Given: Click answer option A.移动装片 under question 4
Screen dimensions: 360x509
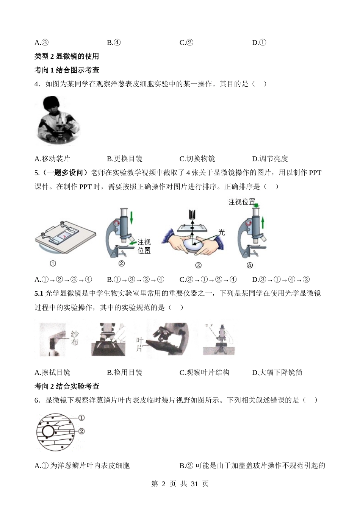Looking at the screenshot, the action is pos(52,159).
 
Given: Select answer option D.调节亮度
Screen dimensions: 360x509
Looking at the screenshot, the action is pos(270,159).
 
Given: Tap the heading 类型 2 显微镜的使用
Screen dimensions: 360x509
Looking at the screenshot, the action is pos(67,56).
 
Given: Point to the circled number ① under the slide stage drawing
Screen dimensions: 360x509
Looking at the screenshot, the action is pos(53,264).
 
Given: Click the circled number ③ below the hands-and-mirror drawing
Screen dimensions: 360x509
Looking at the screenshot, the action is pos(198,265).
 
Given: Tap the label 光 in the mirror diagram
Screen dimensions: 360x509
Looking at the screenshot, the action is pos(222,232).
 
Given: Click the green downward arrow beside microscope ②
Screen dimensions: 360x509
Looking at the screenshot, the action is pos(131,218).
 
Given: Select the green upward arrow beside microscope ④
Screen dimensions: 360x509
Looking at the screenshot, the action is pos(263,222).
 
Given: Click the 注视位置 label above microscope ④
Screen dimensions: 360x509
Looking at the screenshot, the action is pos(241,202).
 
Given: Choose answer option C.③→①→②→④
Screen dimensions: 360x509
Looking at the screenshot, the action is pos(208,279).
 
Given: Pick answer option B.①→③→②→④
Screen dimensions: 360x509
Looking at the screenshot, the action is pos(136,279).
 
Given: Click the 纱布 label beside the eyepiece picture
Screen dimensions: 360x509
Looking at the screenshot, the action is pos(75,338).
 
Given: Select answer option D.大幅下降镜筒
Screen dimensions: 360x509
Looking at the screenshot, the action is pos(277,372).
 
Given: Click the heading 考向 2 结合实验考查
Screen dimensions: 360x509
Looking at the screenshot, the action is pos(67,386).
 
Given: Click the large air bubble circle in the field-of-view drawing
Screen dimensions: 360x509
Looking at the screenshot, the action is pos(48,431).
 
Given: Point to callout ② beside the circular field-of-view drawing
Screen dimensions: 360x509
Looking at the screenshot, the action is pos(81,431).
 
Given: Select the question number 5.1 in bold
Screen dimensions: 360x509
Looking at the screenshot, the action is pos(39,294).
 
